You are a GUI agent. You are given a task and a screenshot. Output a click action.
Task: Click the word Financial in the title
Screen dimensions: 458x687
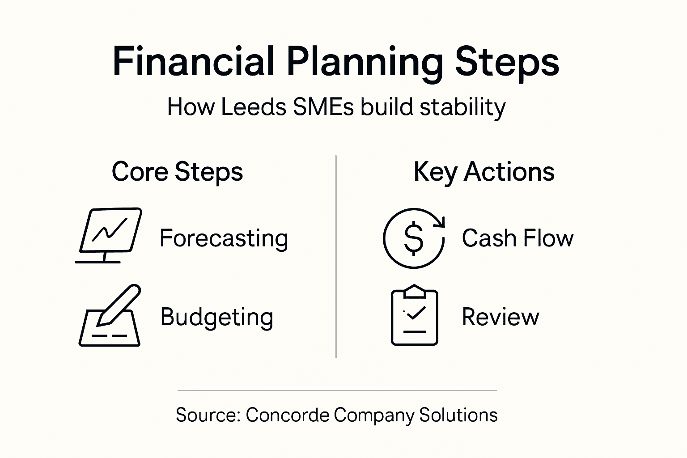(193, 61)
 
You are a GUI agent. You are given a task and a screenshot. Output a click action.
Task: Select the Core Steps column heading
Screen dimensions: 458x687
(177, 172)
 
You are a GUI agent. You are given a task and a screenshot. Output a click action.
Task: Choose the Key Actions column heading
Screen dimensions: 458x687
(484, 172)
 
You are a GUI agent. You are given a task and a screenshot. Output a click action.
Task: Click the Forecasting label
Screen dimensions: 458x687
(224, 238)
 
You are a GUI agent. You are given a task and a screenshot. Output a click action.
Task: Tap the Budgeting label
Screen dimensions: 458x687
(216, 318)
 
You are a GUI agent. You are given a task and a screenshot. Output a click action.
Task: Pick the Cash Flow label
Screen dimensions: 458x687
(517, 238)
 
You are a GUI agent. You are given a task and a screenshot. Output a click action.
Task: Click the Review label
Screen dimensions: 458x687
(500, 317)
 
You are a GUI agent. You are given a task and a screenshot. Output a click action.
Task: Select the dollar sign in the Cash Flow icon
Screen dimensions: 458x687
(413, 238)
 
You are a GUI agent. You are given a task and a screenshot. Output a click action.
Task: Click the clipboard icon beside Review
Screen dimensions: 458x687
(415, 316)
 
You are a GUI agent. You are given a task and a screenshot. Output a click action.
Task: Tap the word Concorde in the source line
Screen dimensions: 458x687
(288, 415)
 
